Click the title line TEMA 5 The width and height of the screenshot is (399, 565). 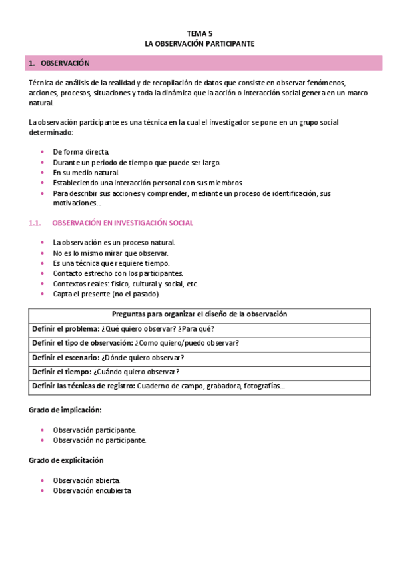(199, 32)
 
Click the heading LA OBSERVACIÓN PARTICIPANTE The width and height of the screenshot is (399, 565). (199, 43)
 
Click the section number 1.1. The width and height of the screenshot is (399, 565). (36, 223)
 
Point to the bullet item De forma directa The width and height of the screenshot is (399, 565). (81, 152)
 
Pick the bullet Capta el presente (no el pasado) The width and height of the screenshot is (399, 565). (106, 294)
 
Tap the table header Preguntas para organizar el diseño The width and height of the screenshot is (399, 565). (199, 314)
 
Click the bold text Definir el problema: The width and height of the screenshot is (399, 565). (65, 329)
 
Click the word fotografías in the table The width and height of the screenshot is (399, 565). (264, 386)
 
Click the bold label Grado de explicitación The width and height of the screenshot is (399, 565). (66, 460)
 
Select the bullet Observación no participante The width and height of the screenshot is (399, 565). (99, 440)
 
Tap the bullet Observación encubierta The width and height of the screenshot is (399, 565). (92, 490)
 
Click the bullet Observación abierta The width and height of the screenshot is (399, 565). (87, 480)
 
